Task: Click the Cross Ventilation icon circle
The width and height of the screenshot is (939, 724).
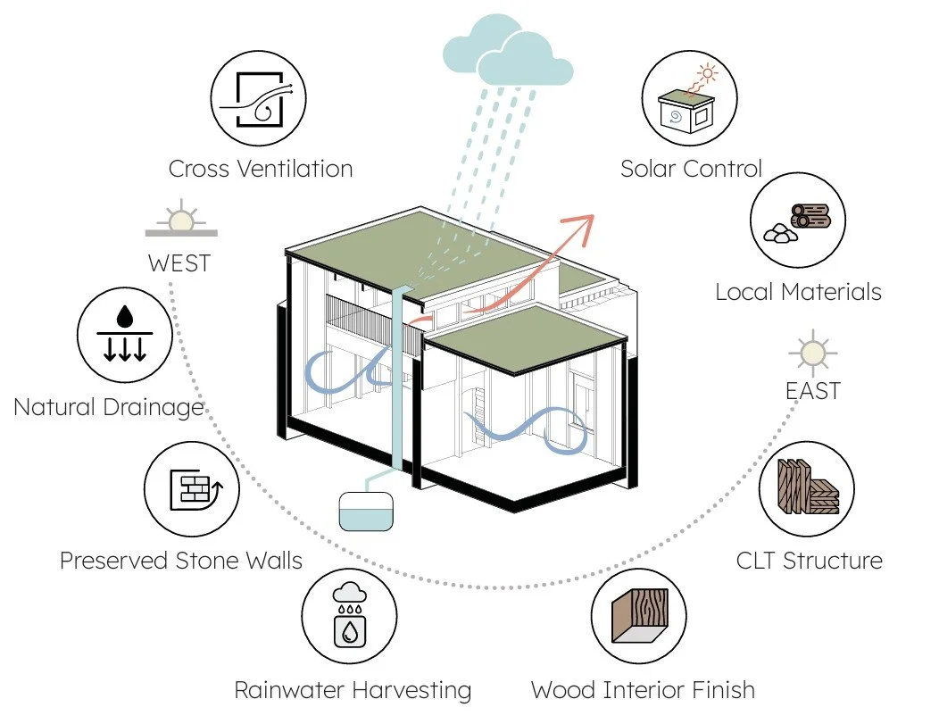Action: coord(258,98)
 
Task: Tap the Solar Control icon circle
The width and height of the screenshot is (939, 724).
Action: coord(689,98)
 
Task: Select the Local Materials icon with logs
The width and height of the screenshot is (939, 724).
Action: coord(798,221)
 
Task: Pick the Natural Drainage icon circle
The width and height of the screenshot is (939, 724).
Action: coord(125,335)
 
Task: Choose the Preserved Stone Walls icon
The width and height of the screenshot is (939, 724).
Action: coord(192,489)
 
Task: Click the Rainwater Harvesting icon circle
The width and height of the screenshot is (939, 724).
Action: coord(349,616)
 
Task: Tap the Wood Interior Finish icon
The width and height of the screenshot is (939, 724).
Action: coord(639,616)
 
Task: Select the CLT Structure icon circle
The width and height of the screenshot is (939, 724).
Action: coord(807,489)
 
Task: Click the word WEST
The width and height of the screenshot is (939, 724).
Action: coord(179,263)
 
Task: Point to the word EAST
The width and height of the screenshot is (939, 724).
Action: coord(812,391)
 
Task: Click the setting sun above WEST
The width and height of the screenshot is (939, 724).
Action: coord(181,218)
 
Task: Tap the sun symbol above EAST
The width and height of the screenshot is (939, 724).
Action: coord(812,354)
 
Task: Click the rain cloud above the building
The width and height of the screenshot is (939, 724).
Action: coord(507,51)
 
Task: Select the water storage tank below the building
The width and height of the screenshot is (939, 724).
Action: coord(366,512)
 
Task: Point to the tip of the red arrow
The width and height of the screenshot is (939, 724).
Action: coord(594,215)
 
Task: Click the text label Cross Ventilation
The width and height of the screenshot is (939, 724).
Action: coord(261,169)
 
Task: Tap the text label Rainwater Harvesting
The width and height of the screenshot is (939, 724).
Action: coord(353,690)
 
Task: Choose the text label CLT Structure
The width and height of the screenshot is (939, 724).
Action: coord(809,562)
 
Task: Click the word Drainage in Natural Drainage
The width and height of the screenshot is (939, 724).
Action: coord(154,408)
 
